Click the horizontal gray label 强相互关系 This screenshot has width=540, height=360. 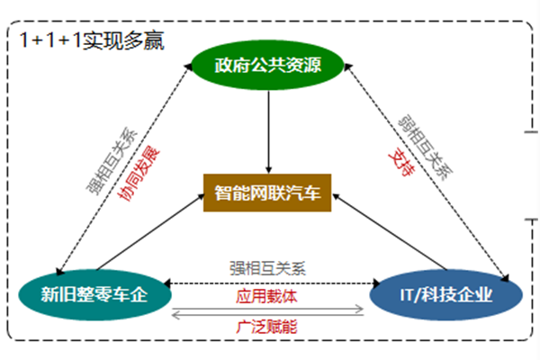point(268,267)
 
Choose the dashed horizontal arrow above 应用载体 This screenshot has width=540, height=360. point(268,283)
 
